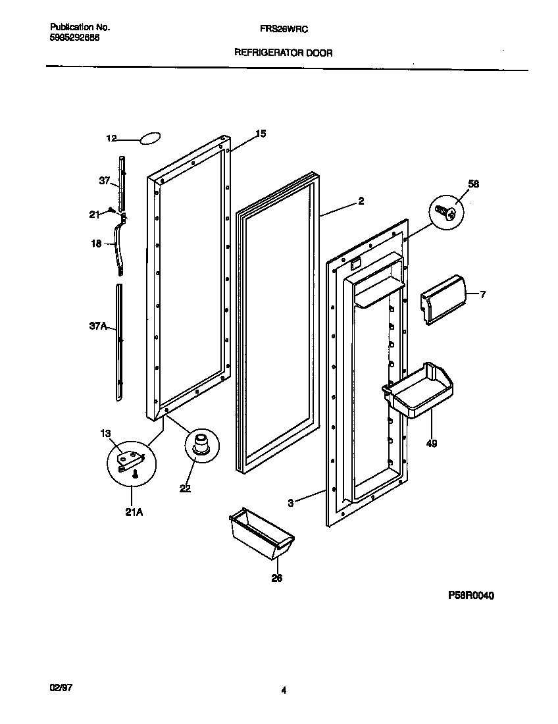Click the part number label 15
coord(261,134)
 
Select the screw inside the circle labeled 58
coord(445,212)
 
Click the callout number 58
coord(473,184)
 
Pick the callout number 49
coord(431,444)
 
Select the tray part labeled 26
coord(257,532)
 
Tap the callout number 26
coord(277,579)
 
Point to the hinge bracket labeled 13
coord(128,459)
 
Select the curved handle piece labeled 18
coord(119,247)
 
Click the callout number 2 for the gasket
coord(361,202)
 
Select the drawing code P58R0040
coord(470,595)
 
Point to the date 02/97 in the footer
coord(61,686)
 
